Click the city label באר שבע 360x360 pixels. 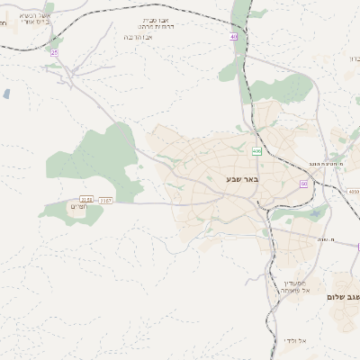[x=242, y=180]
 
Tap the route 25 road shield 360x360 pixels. [x=54, y=53]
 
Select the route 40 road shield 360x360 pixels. [x=234, y=37]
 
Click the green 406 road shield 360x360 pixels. [x=256, y=151]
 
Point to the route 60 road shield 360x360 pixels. [x=304, y=184]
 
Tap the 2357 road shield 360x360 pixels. [x=105, y=200]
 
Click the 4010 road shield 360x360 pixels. [x=352, y=192]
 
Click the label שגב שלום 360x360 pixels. [x=343, y=296]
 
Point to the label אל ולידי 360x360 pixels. [x=295, y=340]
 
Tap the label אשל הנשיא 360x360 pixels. [x=33, y=16]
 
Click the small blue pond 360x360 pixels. [x=7, y=94]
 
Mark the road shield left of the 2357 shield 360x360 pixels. [x=86, y=199]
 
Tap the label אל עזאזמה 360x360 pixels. [x=294, y=290]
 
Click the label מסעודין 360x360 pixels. [x=294, y=282]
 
